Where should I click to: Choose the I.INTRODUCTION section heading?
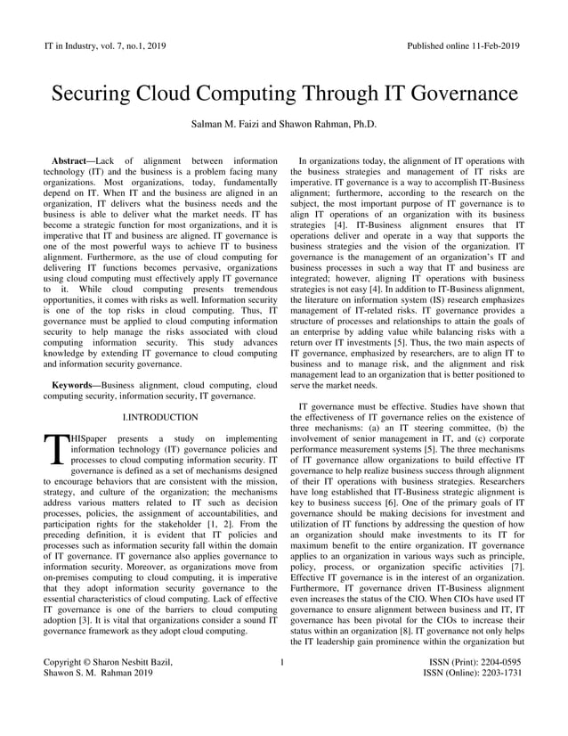159,416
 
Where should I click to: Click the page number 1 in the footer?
282,663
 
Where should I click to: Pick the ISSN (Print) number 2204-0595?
497,663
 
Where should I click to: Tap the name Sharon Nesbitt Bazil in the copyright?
133,663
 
